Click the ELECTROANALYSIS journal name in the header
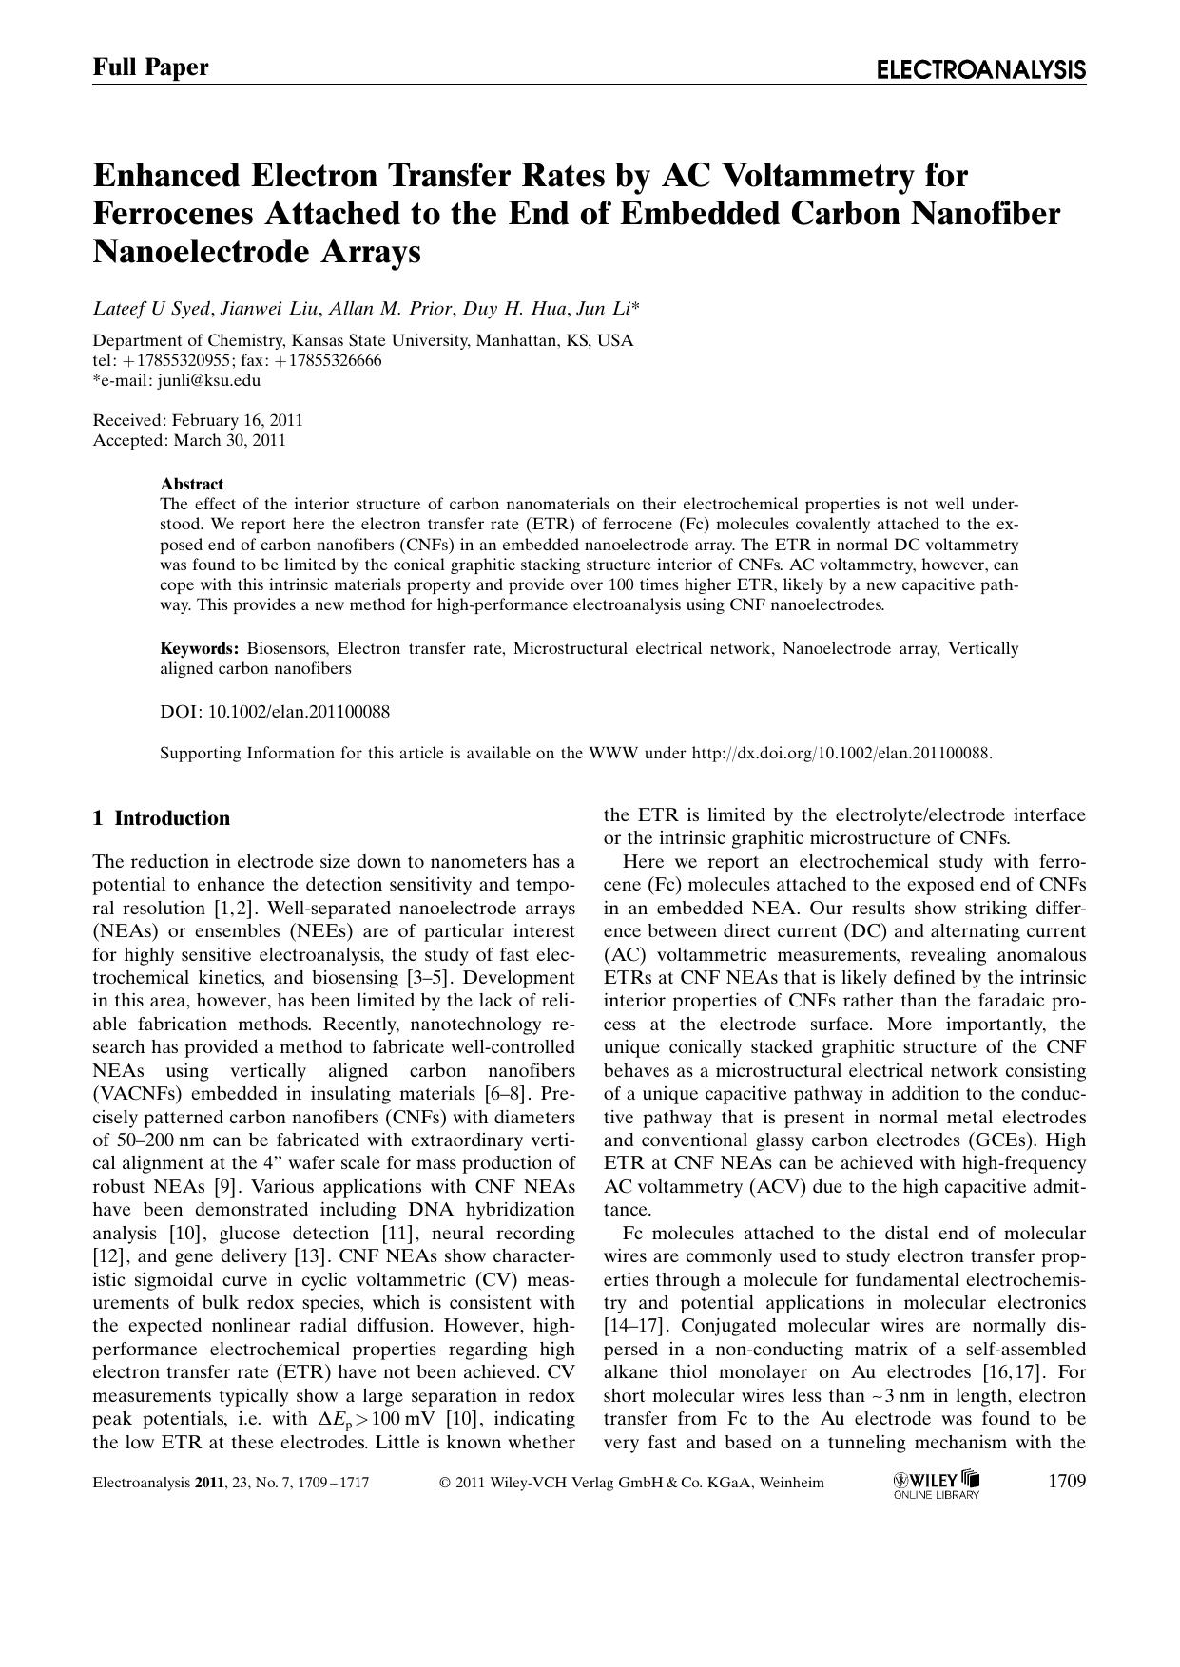point(980,69)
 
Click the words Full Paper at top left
point(150,67)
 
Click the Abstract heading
point(191,484)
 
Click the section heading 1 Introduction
point(162,818)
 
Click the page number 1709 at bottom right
point(1066,1481)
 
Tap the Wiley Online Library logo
point(937,1484)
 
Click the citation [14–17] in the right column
point(639,1326)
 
